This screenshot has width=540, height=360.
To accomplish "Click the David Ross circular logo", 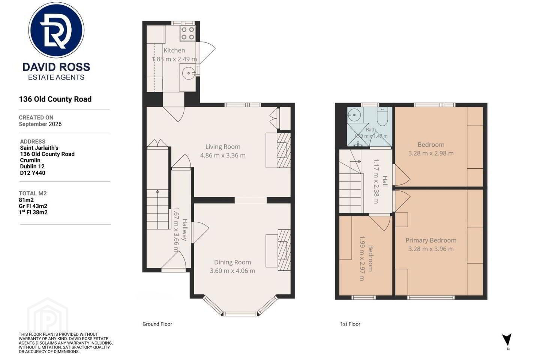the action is tap(56, 30).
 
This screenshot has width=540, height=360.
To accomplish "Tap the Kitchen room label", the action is tap(174, 50).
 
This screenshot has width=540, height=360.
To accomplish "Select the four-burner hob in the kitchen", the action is tap(187, 33).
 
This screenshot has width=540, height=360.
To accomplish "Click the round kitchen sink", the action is tap(188, 73).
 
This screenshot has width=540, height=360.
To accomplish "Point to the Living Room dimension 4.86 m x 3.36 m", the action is tap(223, 155).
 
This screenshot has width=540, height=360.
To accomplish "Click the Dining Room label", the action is tap(232, 262).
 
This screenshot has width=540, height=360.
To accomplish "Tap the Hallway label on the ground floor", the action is tap(184, 229).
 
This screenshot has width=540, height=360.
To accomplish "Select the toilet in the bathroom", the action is tap(382, 117).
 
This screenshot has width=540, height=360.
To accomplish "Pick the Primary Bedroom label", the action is tap(431, 240).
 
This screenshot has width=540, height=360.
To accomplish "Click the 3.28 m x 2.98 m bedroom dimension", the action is tap(431, 153).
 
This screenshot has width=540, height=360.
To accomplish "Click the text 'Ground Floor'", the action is tap(157, 324).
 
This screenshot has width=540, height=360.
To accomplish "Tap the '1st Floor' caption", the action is tap(350, 324).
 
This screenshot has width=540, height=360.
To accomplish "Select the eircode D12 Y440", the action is tap(33, 173).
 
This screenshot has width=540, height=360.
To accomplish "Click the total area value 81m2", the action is tap(26, 200).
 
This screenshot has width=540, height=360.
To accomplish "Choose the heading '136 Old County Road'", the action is tap(55, 99).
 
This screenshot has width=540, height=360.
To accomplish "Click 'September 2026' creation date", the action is tap(40, 124).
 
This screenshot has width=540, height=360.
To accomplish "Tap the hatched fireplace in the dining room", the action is tap(284, 250).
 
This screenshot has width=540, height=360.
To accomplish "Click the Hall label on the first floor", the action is tap(385, 181).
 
